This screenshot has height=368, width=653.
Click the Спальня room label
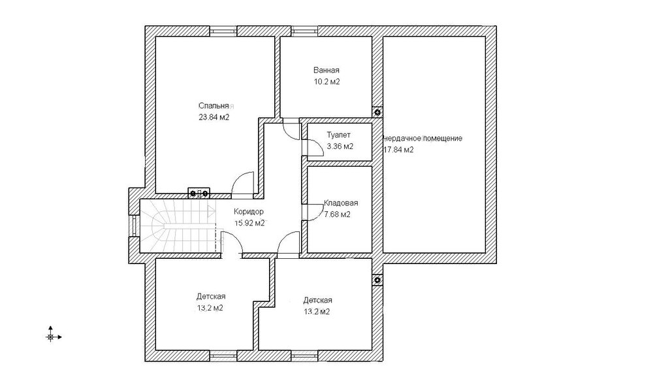coord(214,106)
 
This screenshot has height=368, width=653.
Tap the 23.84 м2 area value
coord(214,118)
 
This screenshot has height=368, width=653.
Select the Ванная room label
coord(326,71)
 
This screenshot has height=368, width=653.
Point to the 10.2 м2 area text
coord(327,82)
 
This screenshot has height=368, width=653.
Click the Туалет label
coord(338,135)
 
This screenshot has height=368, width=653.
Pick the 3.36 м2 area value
coord(340,146)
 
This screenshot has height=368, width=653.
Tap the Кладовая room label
coord(341,203)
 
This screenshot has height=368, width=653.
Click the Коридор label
coord(249,212)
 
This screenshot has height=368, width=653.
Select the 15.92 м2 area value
coord(249,223)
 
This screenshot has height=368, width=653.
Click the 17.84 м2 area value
coord(398,150)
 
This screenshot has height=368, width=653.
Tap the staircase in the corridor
coord(178,226)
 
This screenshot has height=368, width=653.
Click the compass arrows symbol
coord(52,335)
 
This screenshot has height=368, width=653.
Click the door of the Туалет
coord(311,147)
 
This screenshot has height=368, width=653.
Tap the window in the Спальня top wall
coord(223,31)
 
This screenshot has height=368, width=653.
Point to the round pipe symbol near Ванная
coord(377,112)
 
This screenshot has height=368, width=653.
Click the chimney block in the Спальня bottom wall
coord(199,193)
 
